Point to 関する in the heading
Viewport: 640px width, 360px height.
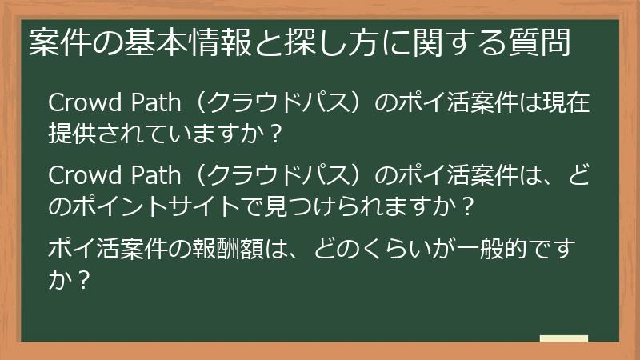(x=458, y=42)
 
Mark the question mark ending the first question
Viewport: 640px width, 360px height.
(x=276, y=134)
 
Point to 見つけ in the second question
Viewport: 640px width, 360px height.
(x=293, y=206)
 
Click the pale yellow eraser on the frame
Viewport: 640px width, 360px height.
(x=563, y=338)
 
